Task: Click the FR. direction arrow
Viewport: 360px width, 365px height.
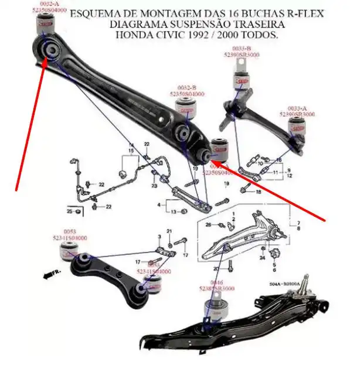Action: coord(56,274)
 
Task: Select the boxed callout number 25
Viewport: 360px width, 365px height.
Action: coord(70,210)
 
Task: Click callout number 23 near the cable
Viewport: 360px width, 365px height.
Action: coord(154,186)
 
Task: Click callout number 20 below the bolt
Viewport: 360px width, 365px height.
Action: coord(216,269)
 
